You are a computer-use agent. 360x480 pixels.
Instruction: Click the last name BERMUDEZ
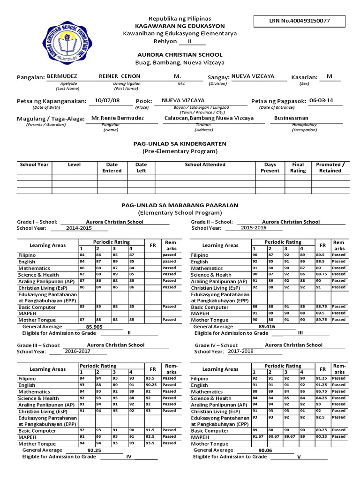click(x=62, y=76)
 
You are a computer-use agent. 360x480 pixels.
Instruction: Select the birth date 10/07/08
click(x=107, y=100)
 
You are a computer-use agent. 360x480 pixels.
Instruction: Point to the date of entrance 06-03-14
click(x=321, y=100)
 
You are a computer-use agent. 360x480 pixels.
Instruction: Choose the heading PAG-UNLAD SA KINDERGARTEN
click(x=180, y=143)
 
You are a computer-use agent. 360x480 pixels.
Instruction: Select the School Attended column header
click(x=205, y=165)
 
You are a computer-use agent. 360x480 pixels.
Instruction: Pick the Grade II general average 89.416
click(x=267, y=326)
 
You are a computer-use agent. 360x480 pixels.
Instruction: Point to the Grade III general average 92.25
click(x=95, y=450)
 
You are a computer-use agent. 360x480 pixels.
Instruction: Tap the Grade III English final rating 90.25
click(x=150, y=385)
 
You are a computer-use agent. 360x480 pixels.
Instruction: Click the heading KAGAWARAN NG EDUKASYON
click(x=180, y=26)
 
